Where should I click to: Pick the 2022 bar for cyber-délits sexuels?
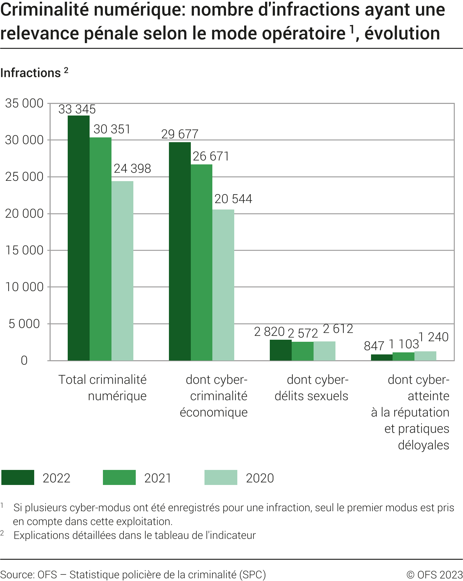(x=280, y=350)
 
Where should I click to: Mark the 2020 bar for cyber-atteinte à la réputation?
(x=425, y=356)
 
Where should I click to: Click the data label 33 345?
(x=77, y=109)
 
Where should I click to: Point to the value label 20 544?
(x=233, y=199)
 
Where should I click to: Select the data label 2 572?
(x=303, y=333)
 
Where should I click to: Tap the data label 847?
(x=374, y=346)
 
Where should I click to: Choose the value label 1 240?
(x=434, y=337)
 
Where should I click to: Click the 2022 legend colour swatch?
(x=18, y=477)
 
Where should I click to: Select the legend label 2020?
(x=260, y=478)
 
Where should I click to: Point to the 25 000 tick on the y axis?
(x=24, y=177)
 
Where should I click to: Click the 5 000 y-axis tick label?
(x=24, y=324)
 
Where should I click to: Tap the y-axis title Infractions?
(x=30, y=73)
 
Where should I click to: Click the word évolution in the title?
(x=402, y=33)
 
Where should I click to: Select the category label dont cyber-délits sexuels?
(x=312, y=388)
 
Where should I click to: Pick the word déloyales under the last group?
(x=423, y=445)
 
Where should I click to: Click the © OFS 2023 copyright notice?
(x=435, y=575)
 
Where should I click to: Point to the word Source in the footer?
(x=16, y=575)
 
